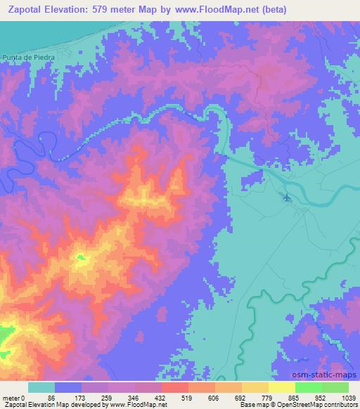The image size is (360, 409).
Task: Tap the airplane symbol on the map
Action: (286, 197)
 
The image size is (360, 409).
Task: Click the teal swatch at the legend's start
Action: (41, 387)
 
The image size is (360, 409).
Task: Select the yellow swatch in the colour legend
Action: (282, 387)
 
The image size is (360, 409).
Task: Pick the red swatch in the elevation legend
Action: (175, 387)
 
